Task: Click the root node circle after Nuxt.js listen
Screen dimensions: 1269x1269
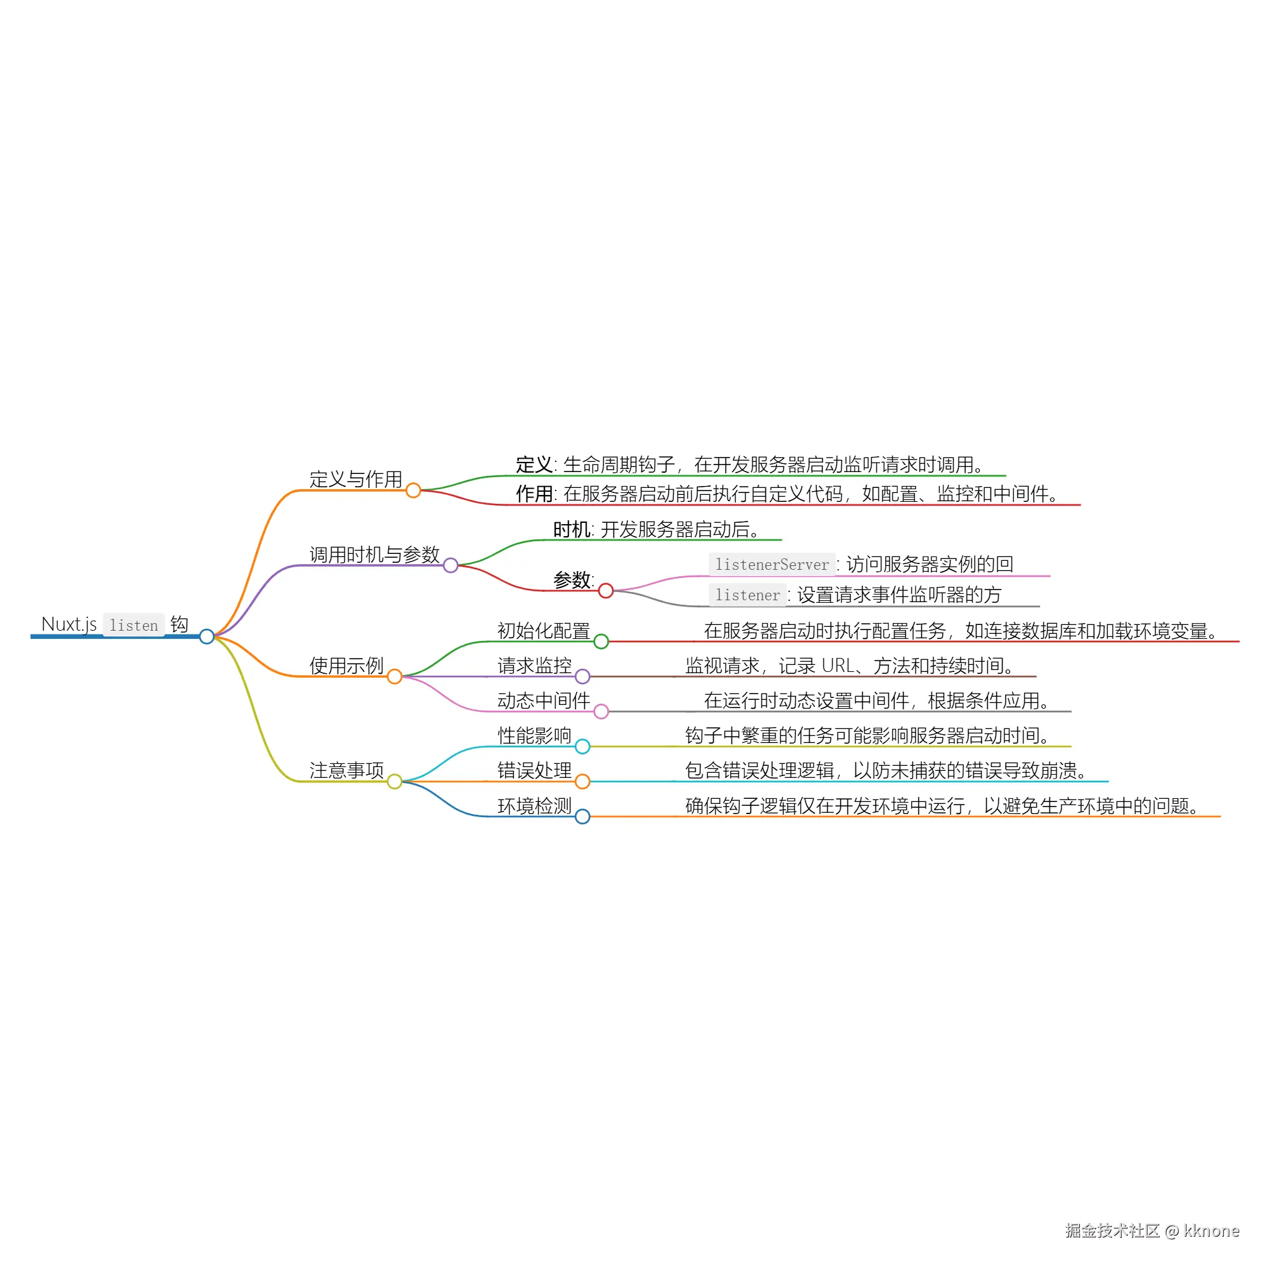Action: [207, 636]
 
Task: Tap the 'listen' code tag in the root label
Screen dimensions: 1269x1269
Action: [134, 626]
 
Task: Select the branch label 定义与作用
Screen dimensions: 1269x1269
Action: [356, 479]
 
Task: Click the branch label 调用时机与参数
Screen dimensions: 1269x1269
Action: [374, 555]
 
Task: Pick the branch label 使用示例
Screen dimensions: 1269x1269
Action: [347, 666]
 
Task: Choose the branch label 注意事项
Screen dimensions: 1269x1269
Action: [347, 770]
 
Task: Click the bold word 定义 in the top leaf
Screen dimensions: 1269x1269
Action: [534, 464]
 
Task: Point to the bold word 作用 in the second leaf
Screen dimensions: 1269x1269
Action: [534, 493]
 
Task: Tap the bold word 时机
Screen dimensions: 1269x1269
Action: [572, 529]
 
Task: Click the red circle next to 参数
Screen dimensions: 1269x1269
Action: [606, 591]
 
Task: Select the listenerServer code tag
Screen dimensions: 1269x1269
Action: [772, 564]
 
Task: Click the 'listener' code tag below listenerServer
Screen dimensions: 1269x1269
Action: [747, 595]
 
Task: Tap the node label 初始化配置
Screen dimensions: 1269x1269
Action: [544, 631]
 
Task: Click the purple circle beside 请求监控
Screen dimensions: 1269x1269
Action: [582, 676]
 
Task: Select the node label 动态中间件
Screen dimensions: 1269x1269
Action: [544, 700]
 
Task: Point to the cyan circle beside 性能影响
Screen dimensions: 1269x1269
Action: [582, 747]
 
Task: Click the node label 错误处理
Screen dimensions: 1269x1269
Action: [535, 770]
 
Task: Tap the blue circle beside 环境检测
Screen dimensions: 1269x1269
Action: [582, 817]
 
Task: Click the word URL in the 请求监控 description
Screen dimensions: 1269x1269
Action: [838, 666]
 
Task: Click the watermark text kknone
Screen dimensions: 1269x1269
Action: [1211, 1231]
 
